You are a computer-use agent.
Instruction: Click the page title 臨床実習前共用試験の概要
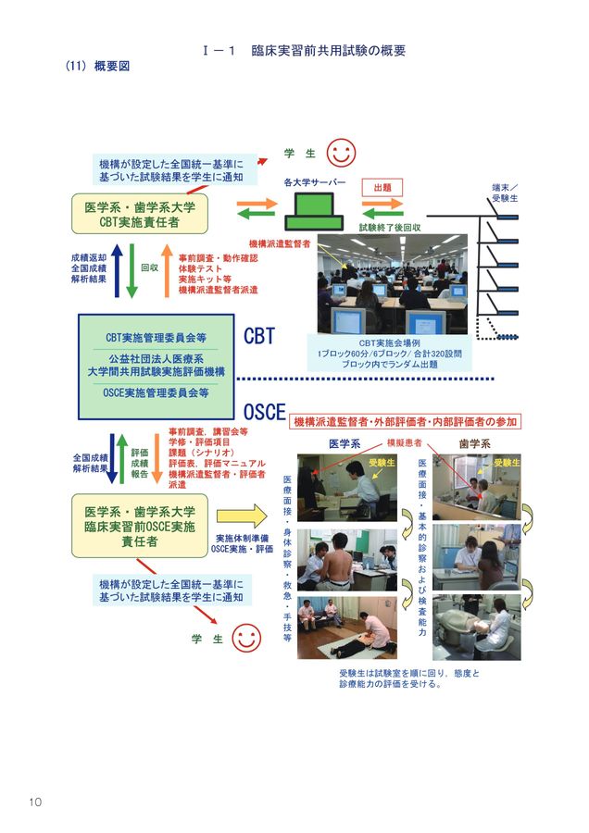click(328, 51)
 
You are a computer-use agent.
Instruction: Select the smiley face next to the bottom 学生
click(245, 638)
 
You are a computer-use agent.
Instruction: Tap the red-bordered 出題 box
click(382, 187)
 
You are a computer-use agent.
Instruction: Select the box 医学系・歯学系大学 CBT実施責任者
click(140, 214)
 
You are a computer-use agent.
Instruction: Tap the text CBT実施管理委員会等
click(156, 337)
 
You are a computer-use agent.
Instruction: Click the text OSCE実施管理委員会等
click(156, 392)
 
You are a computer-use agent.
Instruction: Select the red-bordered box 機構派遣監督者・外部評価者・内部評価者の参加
click(407, 421)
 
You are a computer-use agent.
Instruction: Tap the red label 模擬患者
click(405, 443)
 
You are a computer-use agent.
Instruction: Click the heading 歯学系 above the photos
click(476, 443)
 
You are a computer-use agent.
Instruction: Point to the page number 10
click(34, 801)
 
